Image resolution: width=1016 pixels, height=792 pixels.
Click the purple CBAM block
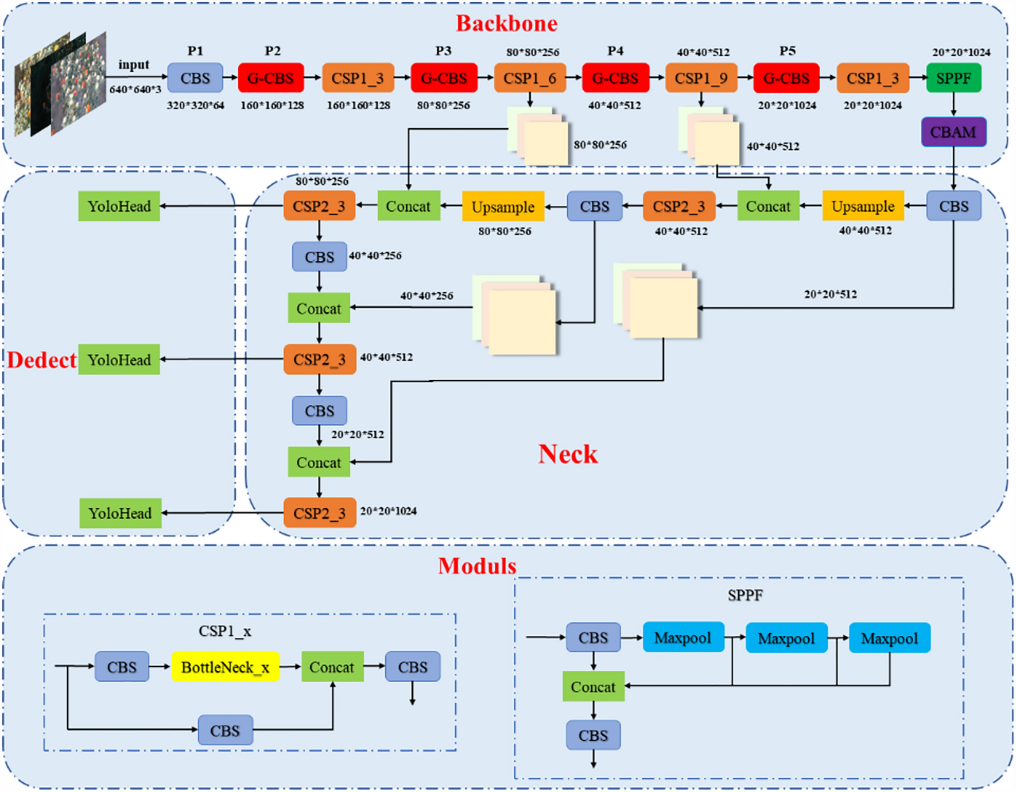click(x=953, y=132)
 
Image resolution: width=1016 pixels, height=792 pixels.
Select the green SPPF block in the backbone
click(x=953, y=78)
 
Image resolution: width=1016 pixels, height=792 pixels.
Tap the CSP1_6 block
click(x=529, y=78)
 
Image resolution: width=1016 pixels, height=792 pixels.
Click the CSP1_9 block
click(x=701, y=78)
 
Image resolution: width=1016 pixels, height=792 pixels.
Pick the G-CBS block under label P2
click(x=271, y=78)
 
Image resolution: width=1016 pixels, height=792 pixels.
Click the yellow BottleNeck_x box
click(x=225, y=667)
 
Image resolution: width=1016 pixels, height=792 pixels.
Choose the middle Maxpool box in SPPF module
click(x=786, y=638)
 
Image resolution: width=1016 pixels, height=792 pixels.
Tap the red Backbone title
click(x=506, y=24)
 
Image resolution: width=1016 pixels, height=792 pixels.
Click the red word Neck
click(x=567, y=454)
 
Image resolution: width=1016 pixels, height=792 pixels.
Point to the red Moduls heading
click(x=476, y=566)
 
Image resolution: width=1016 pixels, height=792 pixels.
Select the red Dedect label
click(x=41, y=360)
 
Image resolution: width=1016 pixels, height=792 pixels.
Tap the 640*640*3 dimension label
click(x=135, y=90)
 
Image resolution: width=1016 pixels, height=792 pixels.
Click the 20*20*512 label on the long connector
click(x=830, y=294)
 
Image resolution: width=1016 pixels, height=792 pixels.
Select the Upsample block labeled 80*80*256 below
click(x=503, y=207)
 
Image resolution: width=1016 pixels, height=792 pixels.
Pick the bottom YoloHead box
click(x=120, y=513)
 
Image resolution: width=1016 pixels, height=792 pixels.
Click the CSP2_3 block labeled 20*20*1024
click(x=319, y=513)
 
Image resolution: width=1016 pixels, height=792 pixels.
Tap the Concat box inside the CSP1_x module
click(x=332, y=667)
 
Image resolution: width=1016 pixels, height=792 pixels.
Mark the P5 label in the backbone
click(x=787, y=51)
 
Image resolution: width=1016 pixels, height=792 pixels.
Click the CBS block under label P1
click(x=195, y=78)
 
